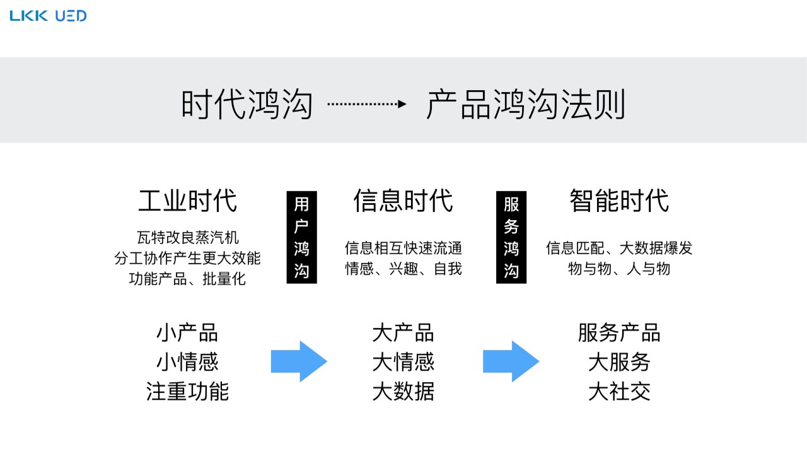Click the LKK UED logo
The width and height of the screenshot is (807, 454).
coord(48,16)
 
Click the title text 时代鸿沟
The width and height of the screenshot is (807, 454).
coord(247,104)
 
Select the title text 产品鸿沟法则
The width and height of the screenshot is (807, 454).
coord(526,104)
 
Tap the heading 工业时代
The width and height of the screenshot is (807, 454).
coord(187,201)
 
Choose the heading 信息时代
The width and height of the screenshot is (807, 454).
coord(403,201)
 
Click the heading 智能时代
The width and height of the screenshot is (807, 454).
coord(618,201)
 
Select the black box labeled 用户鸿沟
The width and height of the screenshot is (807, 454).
coord(301,237)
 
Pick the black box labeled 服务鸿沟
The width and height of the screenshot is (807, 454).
coord(511,237)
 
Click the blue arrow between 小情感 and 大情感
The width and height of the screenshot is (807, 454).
coord(299,361)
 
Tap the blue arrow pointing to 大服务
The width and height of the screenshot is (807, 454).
coord(511,361)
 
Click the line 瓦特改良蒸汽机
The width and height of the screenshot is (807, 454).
coord(187,238)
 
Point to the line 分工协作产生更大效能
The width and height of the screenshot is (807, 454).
coord(187,258)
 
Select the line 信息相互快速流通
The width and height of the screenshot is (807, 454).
coord(403,248)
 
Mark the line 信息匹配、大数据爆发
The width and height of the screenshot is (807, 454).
coord(618,248)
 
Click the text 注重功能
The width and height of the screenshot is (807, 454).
coord(187,392)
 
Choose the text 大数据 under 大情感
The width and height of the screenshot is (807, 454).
coord(403,392)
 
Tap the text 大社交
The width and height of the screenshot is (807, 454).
coord(618,392)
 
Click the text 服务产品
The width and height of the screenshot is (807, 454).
coord(618,332)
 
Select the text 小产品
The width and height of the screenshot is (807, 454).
coord(187,332)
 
